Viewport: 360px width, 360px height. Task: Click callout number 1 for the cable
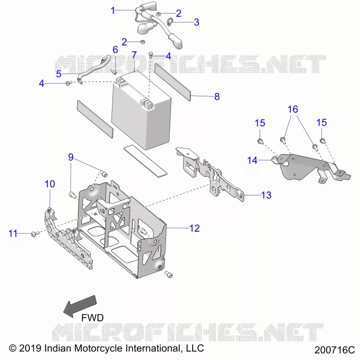113,10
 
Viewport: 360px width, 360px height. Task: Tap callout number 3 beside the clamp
197,22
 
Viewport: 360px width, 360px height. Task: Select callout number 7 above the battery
134,55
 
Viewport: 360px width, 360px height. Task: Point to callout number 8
217,97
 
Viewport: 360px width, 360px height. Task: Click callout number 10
50,184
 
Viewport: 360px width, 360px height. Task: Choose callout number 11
13,234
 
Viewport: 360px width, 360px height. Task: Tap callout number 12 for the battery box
194,228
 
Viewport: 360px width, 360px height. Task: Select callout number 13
266,195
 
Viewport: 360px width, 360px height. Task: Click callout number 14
252,160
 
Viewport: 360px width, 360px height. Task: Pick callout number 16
293,109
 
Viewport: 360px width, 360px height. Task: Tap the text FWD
93,318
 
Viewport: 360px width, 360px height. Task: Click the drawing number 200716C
334,350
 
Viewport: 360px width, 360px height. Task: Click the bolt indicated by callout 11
35,234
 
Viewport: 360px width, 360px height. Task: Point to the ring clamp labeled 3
170,22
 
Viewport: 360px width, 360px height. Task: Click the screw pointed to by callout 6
114,72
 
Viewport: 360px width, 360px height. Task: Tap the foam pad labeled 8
173,82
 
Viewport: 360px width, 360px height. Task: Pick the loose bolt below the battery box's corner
169,274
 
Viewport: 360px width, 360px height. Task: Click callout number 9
71,157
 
